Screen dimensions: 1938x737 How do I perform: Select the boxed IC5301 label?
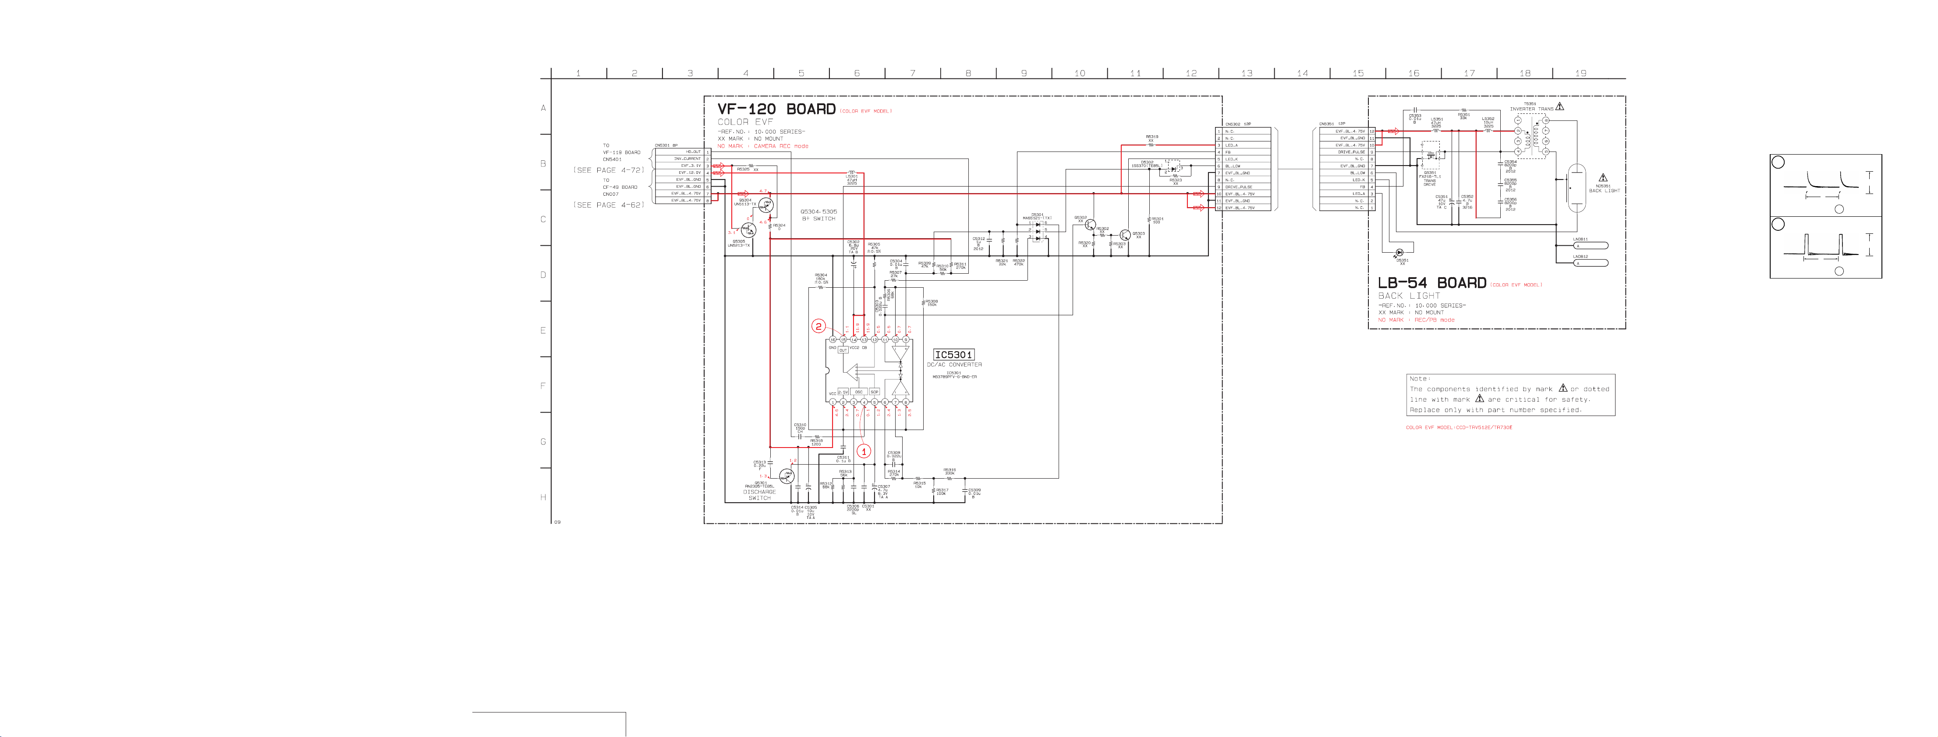(953, 355)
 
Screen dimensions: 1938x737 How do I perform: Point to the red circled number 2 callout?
(818, 326)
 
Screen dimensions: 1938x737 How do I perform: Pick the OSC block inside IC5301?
(858, 392)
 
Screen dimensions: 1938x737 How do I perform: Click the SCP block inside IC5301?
(874, 392)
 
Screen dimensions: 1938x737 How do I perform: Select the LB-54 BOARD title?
(1431, 283)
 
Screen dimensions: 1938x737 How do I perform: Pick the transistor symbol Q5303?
(1125, 236)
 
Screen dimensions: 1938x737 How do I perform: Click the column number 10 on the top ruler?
(1080, 74)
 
